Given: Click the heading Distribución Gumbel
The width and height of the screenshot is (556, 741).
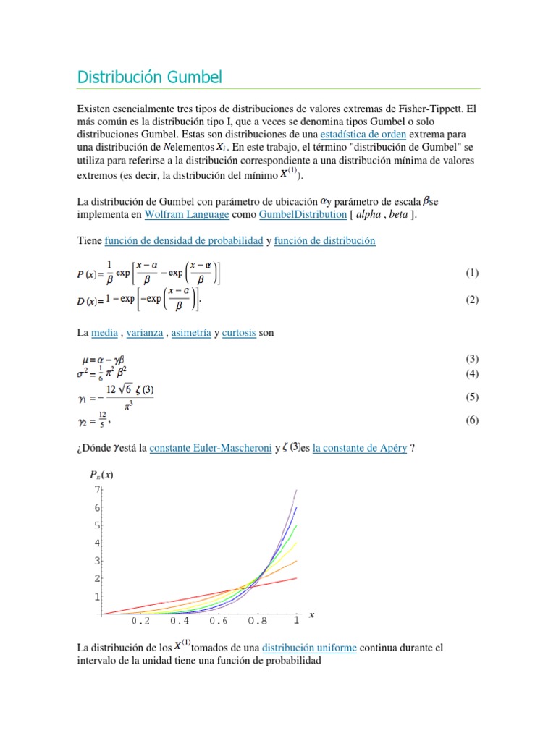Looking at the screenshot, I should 150,77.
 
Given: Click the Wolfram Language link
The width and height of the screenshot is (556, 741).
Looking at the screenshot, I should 188,215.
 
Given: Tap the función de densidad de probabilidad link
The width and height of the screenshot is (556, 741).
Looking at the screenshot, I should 184,240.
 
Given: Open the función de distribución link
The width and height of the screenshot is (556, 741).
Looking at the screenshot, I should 325,240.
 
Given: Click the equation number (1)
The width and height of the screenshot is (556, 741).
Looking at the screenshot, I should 472,273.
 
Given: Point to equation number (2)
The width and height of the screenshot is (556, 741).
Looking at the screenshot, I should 472,300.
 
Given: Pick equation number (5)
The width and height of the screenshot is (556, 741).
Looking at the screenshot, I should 472,397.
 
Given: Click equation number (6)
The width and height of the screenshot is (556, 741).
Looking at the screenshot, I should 472,420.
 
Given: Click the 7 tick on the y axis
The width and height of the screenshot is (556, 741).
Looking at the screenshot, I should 96,489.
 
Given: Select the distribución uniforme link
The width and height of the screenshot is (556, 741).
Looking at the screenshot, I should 309,648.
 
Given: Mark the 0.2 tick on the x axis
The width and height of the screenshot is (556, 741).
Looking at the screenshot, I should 140,621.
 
